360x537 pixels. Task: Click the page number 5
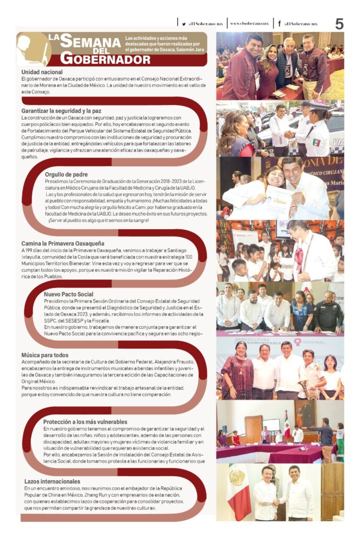340,24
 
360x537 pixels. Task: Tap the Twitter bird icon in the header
183,24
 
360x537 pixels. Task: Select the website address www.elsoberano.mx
249,24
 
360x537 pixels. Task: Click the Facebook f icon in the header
279,24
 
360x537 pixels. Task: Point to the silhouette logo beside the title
32,49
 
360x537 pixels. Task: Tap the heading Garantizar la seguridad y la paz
61,111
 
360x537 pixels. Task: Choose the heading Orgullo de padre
67,174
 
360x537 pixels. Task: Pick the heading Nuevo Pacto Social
69,294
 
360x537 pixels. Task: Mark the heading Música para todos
46,355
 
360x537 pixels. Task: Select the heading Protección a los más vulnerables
85,421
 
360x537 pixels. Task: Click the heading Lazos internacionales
52,481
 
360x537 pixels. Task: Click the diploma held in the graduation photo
278,201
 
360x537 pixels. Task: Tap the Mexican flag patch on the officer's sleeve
316,142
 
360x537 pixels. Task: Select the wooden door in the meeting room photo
253,428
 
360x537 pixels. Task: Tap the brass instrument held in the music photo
302,388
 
